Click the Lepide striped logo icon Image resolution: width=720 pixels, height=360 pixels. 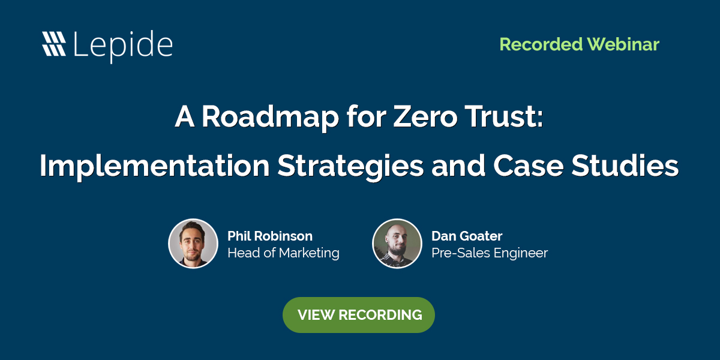point(54,44)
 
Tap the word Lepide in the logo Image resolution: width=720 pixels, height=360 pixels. point(123,44)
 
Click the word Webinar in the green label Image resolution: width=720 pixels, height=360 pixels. point(623,44)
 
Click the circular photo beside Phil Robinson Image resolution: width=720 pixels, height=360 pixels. point(193,243)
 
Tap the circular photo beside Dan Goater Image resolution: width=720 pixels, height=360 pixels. point(397,243)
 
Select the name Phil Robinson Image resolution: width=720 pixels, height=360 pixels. point(270,236)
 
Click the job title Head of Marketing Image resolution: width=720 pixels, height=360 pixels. point(283,253)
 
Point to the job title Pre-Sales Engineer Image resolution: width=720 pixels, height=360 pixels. point(490,253)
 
